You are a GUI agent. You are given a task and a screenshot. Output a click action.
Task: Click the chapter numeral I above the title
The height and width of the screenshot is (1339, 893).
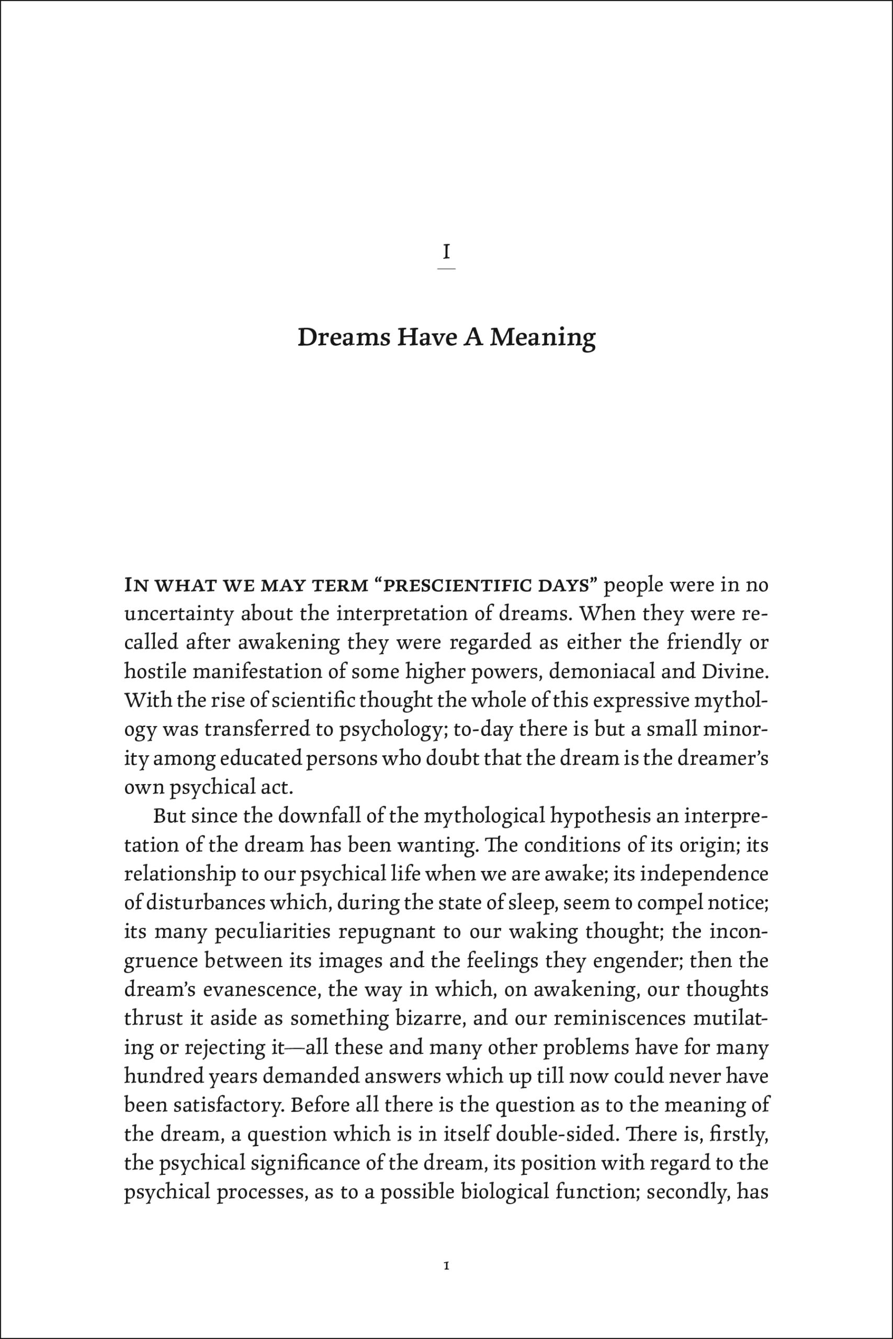447,251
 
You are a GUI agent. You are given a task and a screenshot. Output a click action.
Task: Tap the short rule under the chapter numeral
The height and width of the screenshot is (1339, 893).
447,268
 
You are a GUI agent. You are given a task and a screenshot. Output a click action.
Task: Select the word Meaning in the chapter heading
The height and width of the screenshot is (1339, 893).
542,339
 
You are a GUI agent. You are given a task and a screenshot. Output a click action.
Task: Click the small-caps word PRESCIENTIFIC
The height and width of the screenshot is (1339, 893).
460,586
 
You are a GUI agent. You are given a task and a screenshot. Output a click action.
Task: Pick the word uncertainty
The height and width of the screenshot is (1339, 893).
178,615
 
